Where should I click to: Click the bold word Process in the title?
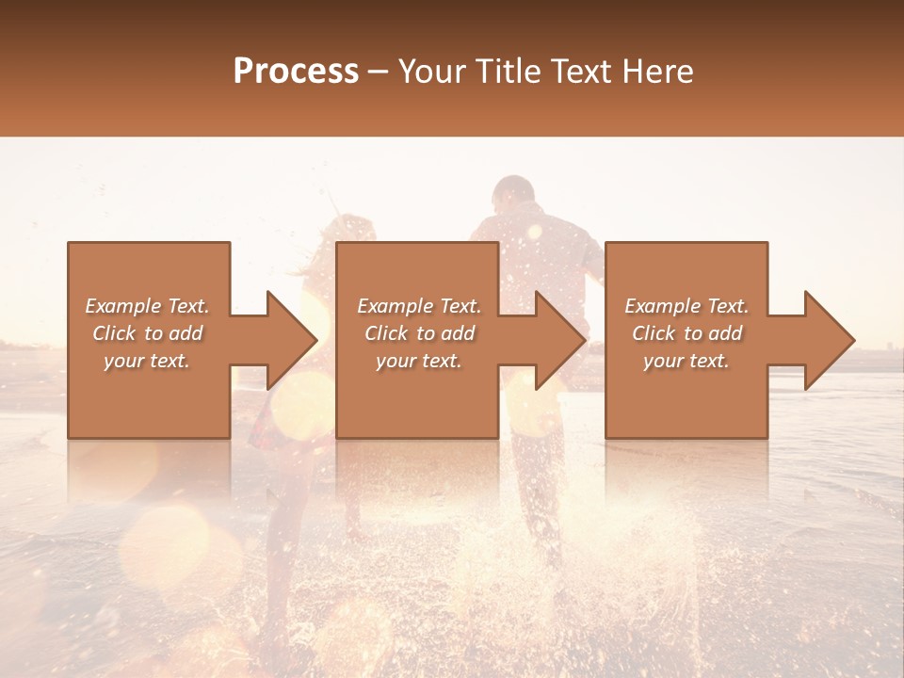tap(296, 72)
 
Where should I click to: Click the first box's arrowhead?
tap(290, 340)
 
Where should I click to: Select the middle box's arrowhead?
tap(559, 340)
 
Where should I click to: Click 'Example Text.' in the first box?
tap(148, 306)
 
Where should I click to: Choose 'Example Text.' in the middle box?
tap(419, 306)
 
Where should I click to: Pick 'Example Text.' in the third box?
tap(686, 306)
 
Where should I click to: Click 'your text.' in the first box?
tap(147, 361)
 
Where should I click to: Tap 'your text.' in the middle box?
tap(418, 361)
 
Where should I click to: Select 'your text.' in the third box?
tap(686, 361)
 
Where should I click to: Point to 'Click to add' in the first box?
tap(148, 333)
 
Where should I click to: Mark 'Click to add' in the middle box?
tap(419, 333)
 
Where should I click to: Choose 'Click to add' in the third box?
tap(686, 333)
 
